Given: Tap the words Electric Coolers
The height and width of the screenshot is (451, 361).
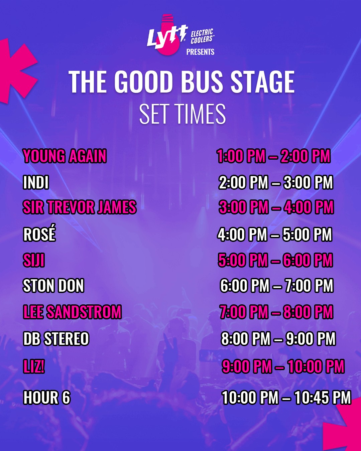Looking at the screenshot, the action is click(x=202, y=36).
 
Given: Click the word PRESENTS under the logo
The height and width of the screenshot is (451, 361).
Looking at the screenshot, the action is click(x=200, y=52).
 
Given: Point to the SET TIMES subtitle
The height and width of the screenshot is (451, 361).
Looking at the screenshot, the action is click(x=183, y=114).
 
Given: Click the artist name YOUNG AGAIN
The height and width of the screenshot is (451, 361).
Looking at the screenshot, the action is click(x=65, y=156).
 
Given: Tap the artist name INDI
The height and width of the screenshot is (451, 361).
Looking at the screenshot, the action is click(x=36, y=182).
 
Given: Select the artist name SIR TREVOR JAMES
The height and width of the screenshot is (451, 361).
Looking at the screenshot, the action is click(x=80, y=207).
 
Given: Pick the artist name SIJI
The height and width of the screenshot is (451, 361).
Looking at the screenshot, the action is click(x=34, y=260).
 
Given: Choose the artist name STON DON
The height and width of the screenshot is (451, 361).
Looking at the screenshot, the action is click(x=53, y=285).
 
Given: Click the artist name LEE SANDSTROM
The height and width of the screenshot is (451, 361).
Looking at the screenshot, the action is click(x=73, y=312).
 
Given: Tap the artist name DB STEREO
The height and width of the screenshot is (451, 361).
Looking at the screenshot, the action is click(x=56, y=338).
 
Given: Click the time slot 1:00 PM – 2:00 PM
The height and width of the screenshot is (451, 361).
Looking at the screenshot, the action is click(x=273, y=156).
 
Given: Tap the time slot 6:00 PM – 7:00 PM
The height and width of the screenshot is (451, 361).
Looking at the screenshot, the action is click(x=277, y=285).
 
